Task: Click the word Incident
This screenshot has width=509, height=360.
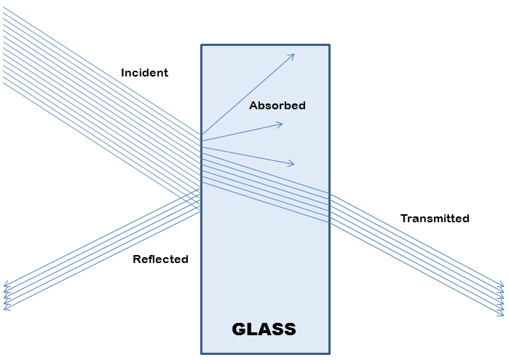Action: pyautogui.click(x=144, y=73)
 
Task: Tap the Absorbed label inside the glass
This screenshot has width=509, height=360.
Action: pyautogui.click(x=277, y=106)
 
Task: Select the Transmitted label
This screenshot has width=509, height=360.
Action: pyautogui.click(x=435, y=219)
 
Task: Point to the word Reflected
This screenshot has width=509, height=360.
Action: pyautogui.click(x=160, y=259)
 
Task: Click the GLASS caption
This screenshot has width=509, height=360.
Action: pyautogui.click(x=264, y=329)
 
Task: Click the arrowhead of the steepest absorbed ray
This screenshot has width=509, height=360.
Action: pyautogui.click(x=293, y=55)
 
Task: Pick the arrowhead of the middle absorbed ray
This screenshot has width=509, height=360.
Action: pyautogui.click(x=281, y=124)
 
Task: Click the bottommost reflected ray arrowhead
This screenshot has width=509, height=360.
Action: pyautogui.click(x=5, y=309)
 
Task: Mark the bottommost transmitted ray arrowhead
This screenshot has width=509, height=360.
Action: pyautogui.click(x=502, y=314)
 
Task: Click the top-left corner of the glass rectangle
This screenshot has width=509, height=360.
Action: pyautogui.click(x=202, y=45)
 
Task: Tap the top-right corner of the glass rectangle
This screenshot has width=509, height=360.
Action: pyautogui.click(x=329, y=45)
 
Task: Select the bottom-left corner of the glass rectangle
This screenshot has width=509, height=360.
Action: pyautogui.click(x=202, y=353)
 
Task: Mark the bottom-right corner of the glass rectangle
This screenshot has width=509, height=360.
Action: pyautogui.click(x=329, y=353)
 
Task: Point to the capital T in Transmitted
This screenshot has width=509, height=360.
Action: pyautogui.click(x=404, y=219)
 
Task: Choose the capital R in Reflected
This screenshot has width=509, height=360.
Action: pyautogui.click(x=136, y=259)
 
